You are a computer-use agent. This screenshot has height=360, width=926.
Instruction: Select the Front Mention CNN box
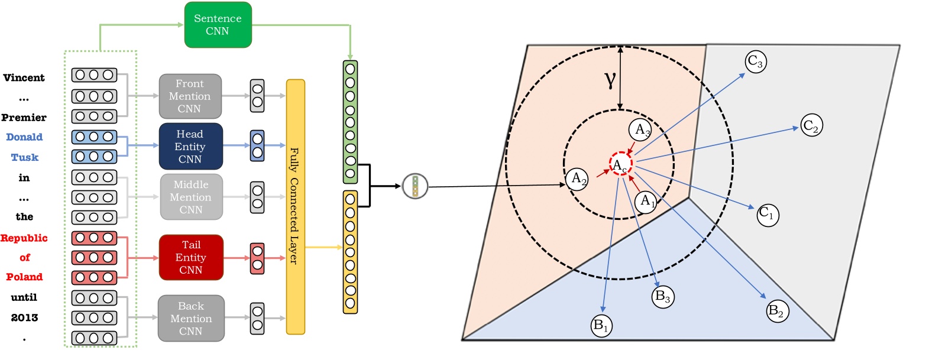(190, 96)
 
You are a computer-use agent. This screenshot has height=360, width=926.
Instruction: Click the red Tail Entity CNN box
(190, 257)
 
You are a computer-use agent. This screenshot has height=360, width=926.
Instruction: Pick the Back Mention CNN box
(191, 319)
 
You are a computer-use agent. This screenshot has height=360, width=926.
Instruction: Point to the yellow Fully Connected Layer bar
(295, 207)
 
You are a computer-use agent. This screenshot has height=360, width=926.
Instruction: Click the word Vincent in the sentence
(24, 77)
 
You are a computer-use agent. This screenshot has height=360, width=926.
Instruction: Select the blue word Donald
(24, 137)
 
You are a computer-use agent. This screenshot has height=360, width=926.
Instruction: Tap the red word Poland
(24, 277)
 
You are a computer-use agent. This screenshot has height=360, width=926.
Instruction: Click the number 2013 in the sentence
(24, 317)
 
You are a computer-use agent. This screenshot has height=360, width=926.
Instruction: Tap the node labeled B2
(778, 311)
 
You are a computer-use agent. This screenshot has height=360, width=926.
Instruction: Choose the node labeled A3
(640, 129)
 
